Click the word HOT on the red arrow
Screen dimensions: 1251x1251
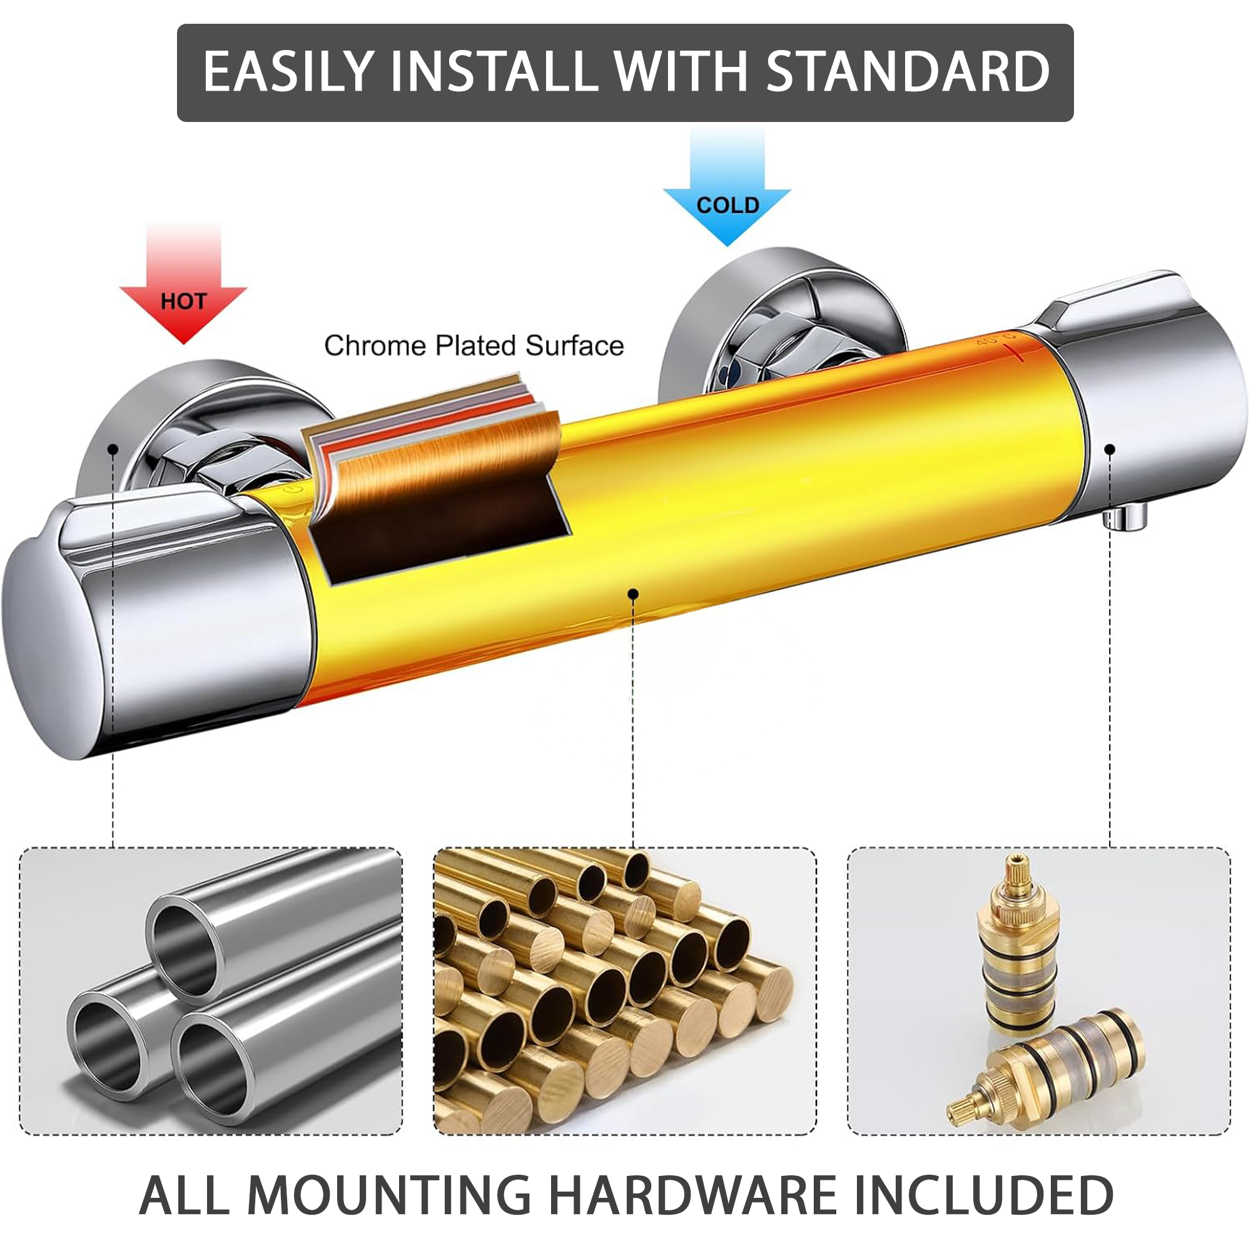click(183, 301)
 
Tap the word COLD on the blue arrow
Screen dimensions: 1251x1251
click(728, 205)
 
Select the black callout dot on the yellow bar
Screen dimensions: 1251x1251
click(634, 594)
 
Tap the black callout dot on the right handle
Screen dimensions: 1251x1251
click(1109, 448)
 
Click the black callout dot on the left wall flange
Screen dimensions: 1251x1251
click(113, 448)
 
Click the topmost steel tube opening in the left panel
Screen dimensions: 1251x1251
click(185, 946)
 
